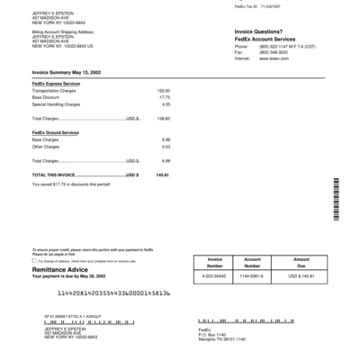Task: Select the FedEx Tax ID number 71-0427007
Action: click(247, 5)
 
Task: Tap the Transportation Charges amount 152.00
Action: click(163, 91)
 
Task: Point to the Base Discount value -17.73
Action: click(163, 97)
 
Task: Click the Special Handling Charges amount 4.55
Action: click(165, 104)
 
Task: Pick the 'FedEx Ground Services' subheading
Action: click(55, 132)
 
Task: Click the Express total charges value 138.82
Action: click(162, 118)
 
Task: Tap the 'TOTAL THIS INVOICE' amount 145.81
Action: click(162, 175)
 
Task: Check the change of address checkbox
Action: click(34, 258)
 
